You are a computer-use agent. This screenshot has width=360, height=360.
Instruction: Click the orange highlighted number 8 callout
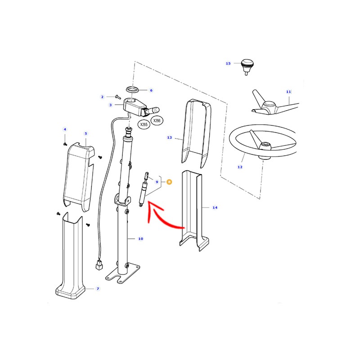click(169, 182)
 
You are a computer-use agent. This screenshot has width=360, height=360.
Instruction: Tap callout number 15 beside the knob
click(228, 63)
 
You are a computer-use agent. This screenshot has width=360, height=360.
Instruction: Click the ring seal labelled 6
click(133, 89)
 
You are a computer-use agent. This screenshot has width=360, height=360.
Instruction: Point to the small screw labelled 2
click(118, 97)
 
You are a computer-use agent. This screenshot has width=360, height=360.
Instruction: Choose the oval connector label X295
click(144, 125)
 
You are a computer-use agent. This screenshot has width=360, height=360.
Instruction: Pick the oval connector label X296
click(157, 121)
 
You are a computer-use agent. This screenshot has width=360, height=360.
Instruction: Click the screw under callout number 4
click(65, 144)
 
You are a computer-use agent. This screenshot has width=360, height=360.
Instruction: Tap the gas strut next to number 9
click(143, 189)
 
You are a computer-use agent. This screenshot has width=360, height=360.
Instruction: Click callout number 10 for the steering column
click(140, 239)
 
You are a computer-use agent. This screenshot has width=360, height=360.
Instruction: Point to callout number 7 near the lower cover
click(98, 288)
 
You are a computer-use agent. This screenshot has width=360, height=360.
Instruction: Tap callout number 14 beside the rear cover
click(215, 207)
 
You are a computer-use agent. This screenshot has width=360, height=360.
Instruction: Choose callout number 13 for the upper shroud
click(170, 138)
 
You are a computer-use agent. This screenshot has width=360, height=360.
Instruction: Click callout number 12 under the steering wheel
click(240, 167)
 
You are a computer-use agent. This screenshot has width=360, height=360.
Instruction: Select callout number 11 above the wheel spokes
click(288, 92)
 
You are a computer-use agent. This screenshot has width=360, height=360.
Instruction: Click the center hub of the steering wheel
click(265, 147)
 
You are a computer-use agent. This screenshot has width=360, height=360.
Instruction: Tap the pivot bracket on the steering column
click(122, 200)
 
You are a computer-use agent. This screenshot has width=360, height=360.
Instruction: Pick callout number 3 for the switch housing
click(110, 105)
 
